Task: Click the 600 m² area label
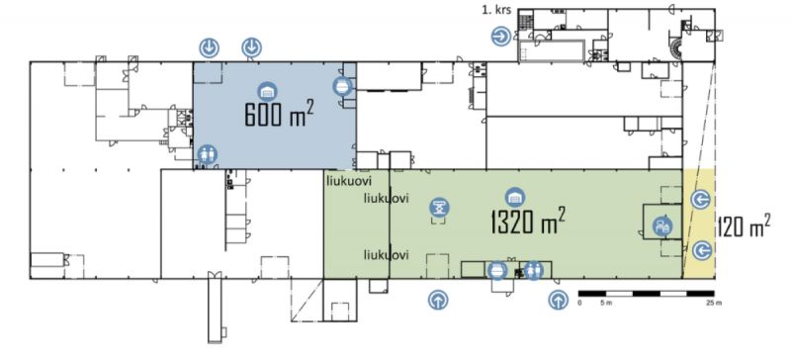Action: pyautogui.click(x=279, y=114)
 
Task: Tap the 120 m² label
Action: pyautogui.click(x=744, y=226)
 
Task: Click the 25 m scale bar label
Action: pyautogui.click(x=714, y=303)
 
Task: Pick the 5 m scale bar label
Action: pyautogui.click(x=606, y=303)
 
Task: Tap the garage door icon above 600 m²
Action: pyautogui.click(x=267, y=92)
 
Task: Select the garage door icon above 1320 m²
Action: pyautogui.click(x=515, y=198)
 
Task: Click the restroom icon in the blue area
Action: pyautogui.click(x=207, y=154)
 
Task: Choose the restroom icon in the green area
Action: pyautogui.click(x=533, y=270)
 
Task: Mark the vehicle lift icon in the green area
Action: pyautogui.click(x=439, y=207)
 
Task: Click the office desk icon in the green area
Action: pyautogui.click(x=662, y=226)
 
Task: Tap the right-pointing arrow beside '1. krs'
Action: pyautogui.click(x=501, y=37)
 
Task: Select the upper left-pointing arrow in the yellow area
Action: pyautogui.click(x=701, y=200)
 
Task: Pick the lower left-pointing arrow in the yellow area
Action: pyautogui.click(x=702, y=250)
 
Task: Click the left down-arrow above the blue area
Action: pyautogui.click(x=209, y=47)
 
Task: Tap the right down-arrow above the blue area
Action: pyautogui.click(x=251, y=47)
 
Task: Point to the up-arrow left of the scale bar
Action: pyautogui.click(x=558, y=300)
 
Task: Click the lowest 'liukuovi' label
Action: pyautogui.click(x=386, y=255)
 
